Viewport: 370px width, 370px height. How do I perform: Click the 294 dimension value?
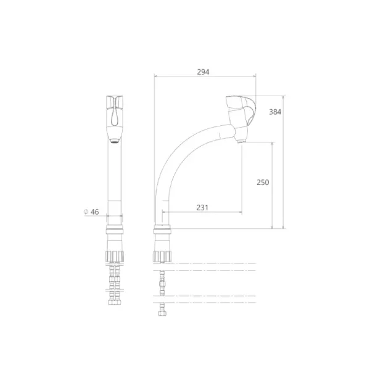pyautogui.click(x=203, y=72)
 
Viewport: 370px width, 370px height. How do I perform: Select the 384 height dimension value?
pyautogui.click(x=275, y=112)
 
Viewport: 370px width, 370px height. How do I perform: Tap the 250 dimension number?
pyautogui.click(x=263, y=182)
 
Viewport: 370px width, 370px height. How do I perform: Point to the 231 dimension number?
pyautogui.click(x=202, y=207)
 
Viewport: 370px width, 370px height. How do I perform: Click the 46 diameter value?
pyautogui.click(x=94, y=212)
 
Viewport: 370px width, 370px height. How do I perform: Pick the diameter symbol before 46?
pyautogui.click(x=86, y=212)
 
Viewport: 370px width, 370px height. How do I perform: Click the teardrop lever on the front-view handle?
pyautogui.click(x=115, y=113)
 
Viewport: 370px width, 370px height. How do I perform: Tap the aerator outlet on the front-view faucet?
pyautogui.click(x=115, y=141)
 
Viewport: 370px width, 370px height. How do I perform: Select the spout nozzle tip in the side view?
pyautogui.click(x=241, y=141)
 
